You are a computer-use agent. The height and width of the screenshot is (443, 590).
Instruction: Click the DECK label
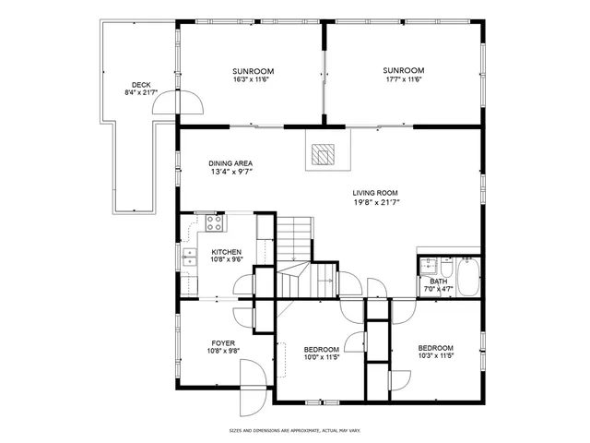click(x=141, y=85)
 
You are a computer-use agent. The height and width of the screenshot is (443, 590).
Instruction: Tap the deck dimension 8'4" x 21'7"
click(x=141, y=93)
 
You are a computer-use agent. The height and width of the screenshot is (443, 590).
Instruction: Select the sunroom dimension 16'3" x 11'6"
click(x=252, y=80)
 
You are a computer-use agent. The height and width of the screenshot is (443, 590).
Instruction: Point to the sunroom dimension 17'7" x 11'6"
click(x=404, y=79)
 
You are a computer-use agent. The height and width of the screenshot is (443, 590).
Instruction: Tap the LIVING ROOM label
click(x=375, y=193)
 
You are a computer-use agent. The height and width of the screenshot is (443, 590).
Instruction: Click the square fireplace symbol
click(x=323, y=153)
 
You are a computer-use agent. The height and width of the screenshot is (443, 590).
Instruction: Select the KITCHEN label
click(x=227, y=252)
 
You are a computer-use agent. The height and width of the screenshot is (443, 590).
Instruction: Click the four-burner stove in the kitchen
click(x=214, y=222)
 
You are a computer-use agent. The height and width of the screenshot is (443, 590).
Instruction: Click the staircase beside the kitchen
click(x=295, y=238)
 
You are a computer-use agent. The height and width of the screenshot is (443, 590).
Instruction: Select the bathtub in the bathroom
click(x=467, y=277)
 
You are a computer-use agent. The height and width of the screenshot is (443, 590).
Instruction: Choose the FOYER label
click(x=223, y=342)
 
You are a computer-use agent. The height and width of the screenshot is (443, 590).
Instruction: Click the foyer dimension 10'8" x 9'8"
click(x=223, y=351)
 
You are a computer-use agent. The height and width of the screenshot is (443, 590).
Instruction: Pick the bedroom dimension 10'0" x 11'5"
click(x=322, y=356)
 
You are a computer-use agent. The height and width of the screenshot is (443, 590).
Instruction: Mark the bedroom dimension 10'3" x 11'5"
click(x=435, y=355)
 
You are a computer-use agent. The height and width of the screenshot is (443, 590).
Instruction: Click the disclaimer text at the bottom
click(x=295, y=430)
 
